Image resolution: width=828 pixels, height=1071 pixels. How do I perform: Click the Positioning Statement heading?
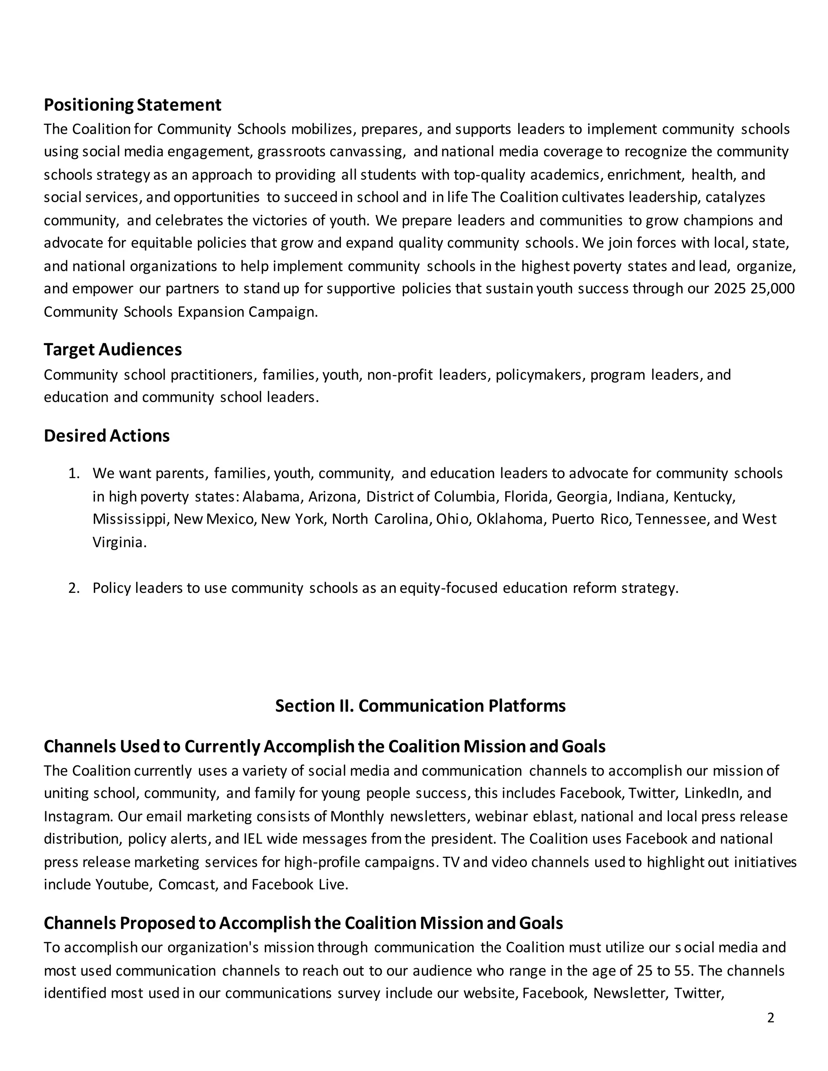133,105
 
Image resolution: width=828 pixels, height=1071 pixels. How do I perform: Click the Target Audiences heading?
112,350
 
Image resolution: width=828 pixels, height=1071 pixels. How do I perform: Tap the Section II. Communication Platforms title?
420,706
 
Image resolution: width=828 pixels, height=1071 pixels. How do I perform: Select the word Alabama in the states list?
272,497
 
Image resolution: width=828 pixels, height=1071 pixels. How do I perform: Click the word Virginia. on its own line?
119,542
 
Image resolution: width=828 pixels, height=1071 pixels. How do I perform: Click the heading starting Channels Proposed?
303,923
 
